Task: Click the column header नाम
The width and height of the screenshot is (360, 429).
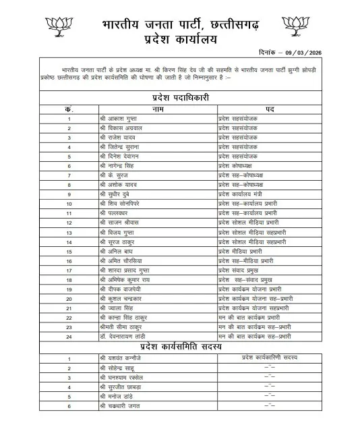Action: (x=158, y=109)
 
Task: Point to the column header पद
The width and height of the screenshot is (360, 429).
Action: (x=269, y=109)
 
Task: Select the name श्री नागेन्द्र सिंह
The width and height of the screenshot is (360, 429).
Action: (x=119, y=165)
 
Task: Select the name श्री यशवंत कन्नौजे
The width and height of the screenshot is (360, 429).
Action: (x=121, y=358)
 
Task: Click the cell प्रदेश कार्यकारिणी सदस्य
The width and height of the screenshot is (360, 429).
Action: (x=269, y=358)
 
